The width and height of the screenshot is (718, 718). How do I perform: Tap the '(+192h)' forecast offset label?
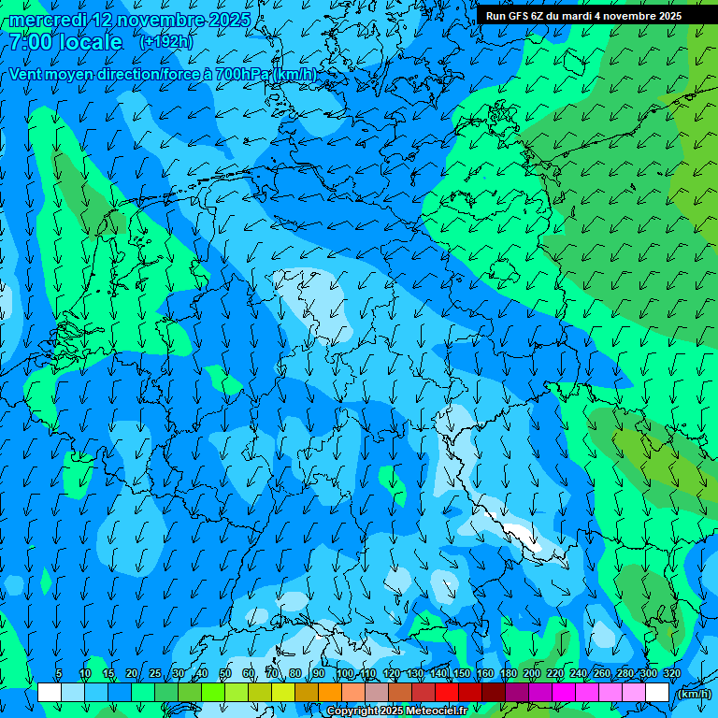tap(165, 42)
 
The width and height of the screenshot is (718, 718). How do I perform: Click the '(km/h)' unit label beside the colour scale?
tap(693, 694)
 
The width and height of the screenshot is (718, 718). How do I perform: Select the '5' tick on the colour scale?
tap(59, 674)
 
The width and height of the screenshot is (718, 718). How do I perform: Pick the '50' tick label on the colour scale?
tap(224, 674)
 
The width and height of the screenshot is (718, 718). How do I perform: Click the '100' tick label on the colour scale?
tap(345, 674)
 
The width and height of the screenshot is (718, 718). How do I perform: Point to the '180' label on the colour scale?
tap(508, 674)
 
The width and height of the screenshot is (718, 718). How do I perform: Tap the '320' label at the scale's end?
tap(671, 674)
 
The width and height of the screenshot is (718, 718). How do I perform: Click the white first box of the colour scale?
tap(50, 693)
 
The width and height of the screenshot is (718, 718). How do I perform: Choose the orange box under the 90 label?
tap(330, 693)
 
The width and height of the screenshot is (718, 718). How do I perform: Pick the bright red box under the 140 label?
tap(447, 693)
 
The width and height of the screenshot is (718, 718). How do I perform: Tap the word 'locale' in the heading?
tap(90, 43)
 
